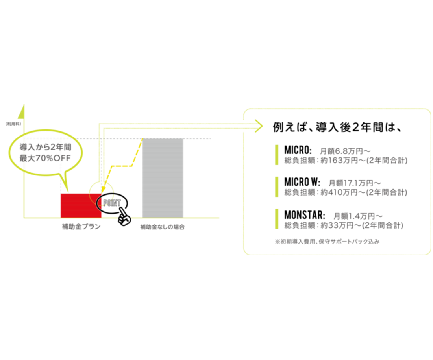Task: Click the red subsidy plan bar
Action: click(x=81, y=206)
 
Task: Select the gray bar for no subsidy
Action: click(x=163, y=178)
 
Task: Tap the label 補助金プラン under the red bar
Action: click(x=81, y=227)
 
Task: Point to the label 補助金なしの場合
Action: click(x=162, y=227)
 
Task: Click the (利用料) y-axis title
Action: click(x=13, y=124)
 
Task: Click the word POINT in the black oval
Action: click(x=112, y=203)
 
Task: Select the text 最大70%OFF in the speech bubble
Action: click(x=45, y=159)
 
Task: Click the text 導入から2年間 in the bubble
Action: click(x=45, y=147)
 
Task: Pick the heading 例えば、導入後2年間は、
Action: click(x=337, y=127)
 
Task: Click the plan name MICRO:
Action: click(x=298, y=150)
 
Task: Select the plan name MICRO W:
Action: click(x=302, y=182)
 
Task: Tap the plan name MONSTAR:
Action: click(x=305, y=215)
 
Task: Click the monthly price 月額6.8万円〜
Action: click(x=345, y=151)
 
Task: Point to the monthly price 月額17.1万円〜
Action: click(x=355, y=183)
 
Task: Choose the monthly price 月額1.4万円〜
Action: click(x=358, y=216)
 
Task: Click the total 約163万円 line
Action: click(x=346, y=161)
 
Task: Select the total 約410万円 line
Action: click(x=346, y=192)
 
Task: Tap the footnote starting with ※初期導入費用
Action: click(x=327, y=242)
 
